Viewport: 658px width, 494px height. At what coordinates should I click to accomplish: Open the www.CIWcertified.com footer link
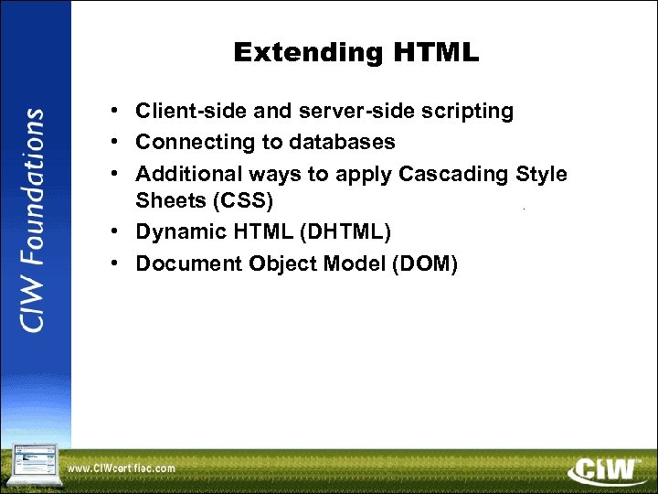[122, 468]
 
